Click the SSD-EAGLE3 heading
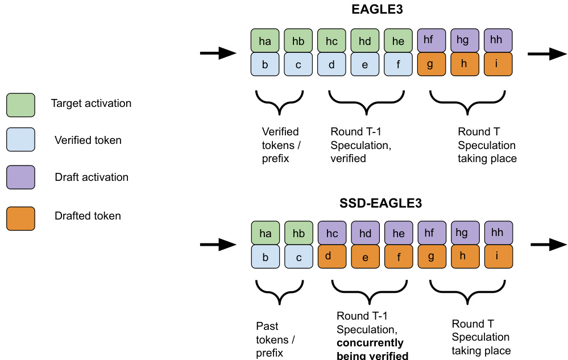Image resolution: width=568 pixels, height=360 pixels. coord(382,203)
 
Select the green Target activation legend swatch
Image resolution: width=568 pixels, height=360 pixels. coord(20,105)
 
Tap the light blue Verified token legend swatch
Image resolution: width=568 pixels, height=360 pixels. coord(20,140)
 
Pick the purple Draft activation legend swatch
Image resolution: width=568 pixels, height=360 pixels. coord(20,177)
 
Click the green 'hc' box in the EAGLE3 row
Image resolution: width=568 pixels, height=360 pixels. coord(331,41)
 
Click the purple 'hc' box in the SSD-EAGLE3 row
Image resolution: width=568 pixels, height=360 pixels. coord(331,233)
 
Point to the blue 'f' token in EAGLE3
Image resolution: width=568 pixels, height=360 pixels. coord(398,64)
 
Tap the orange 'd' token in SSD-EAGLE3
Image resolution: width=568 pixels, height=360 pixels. coord(331,256)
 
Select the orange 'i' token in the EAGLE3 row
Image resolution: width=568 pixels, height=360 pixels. coord(498,64)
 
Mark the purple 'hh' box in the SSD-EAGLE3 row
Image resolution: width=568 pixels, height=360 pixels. coord(498,233)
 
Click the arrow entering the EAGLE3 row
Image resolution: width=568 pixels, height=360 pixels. coord(218,54)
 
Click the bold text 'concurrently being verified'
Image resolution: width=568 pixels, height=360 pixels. coord(372,350)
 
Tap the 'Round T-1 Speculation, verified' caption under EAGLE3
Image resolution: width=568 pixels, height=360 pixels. coord(360,145)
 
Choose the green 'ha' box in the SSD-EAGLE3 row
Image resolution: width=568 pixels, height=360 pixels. coord(265,233)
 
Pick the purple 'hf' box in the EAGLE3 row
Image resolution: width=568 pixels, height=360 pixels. coord(432,41)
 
